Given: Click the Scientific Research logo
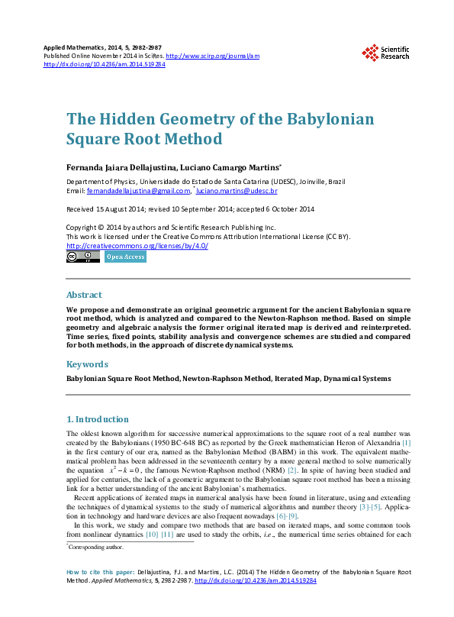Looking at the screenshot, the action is coord(385,52).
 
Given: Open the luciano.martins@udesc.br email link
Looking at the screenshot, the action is coord(240,190).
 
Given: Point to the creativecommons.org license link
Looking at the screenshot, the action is coord(137,246).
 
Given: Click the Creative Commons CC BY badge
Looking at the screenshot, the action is coord(83,257).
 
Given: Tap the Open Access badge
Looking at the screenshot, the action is coord(125,257).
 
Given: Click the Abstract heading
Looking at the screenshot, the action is coord(84,295).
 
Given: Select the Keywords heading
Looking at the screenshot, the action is coord(87,364).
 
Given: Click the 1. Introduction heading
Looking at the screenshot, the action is coord(98,419).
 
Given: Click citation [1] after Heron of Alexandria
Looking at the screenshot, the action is coord(406,442).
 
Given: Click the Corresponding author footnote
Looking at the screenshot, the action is coord(97,547).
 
